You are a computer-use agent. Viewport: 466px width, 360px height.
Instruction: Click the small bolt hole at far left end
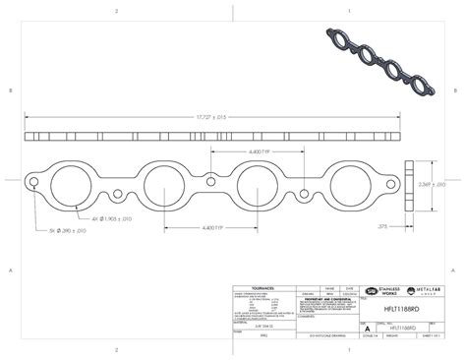point(34,183)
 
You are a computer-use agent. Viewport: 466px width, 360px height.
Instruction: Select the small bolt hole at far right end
point(397,184)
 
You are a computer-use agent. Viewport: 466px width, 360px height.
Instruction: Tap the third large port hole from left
point(261,184)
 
